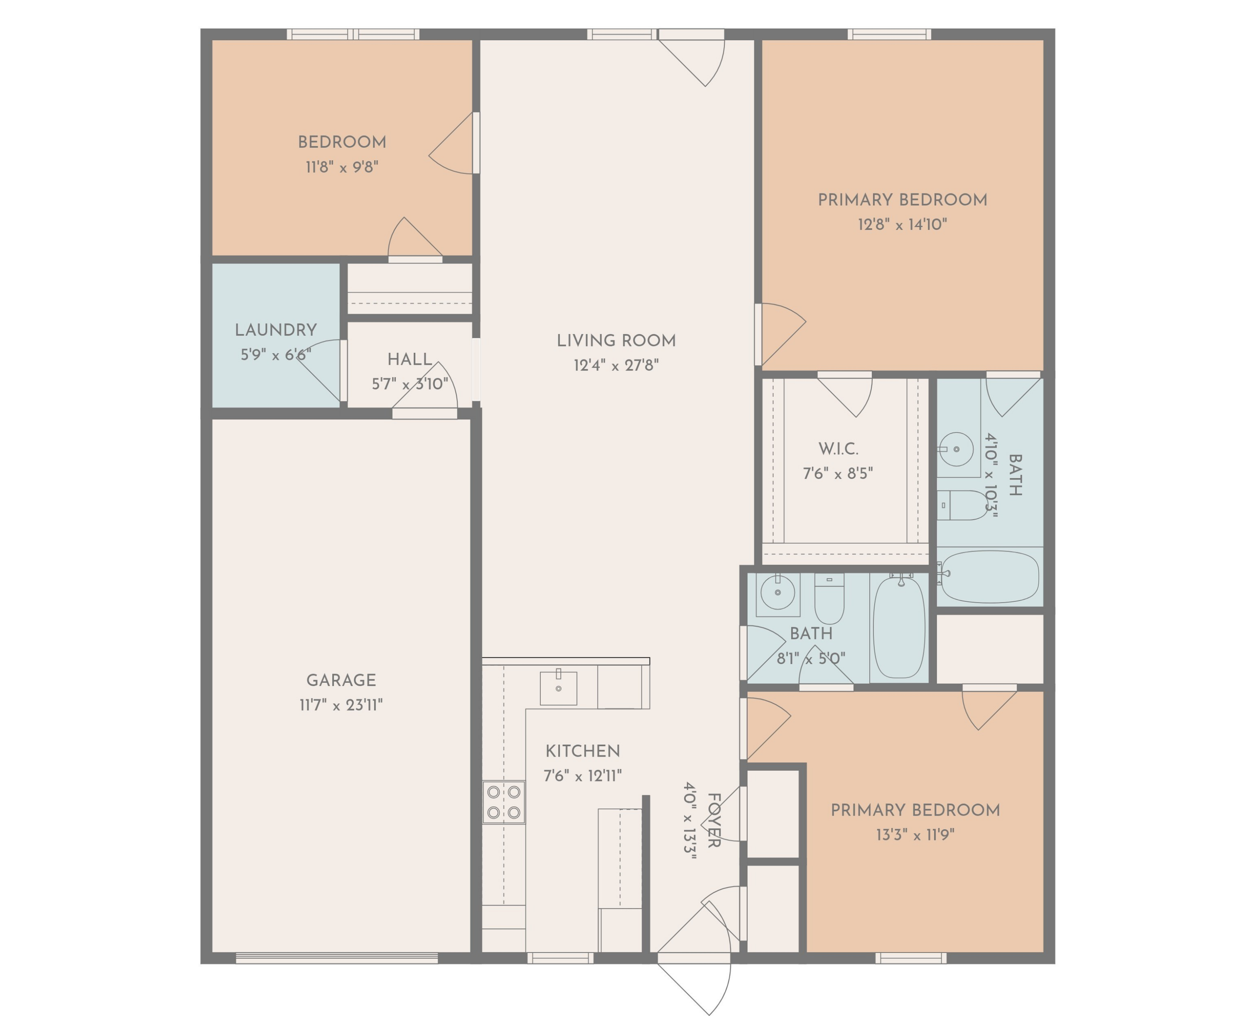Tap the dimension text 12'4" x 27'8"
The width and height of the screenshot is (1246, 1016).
coord(616,365)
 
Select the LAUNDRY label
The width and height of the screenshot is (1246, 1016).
coord(276,330)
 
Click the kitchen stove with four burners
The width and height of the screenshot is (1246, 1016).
coord(503,802)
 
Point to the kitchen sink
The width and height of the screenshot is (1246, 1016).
coord(558,688)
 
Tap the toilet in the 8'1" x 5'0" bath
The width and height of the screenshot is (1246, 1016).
coord(829,599)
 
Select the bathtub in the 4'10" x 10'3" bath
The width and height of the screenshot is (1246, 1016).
coord(990,577)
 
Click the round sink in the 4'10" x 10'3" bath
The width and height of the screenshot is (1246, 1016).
coord(956,449)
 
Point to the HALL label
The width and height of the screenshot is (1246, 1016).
coord(409,359)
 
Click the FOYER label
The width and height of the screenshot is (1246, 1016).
coord(714,821)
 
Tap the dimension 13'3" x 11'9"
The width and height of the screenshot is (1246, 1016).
coord(915,835)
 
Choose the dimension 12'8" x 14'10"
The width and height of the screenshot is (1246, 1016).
coord(902,225)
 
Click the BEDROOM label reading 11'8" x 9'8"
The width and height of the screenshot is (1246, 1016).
coord(342,142)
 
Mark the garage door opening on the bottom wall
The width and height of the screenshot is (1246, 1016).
coord(337,958)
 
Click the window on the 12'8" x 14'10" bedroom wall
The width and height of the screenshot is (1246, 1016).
coord(889,34)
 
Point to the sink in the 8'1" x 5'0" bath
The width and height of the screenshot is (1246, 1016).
coord(778,593)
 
